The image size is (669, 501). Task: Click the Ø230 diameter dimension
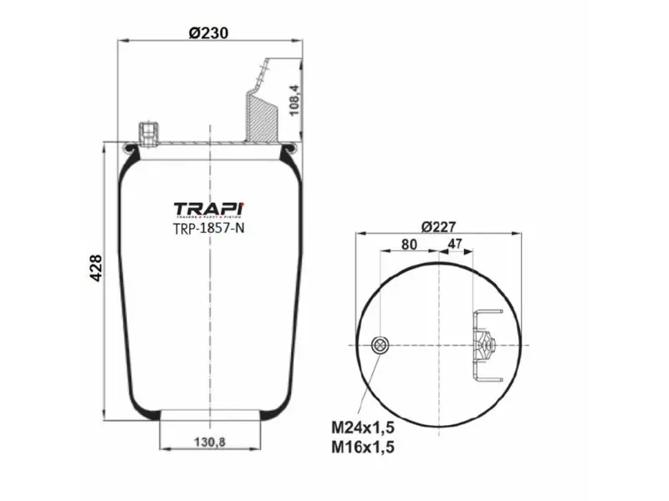(x=209, y=33)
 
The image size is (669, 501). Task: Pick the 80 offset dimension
(x=408, y=245)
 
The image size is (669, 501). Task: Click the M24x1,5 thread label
(x=362, y=427)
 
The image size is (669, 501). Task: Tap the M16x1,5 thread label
(x=362, y=448)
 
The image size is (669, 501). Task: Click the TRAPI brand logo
(x=209, y=208)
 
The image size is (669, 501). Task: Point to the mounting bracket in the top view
(x=483, y=344)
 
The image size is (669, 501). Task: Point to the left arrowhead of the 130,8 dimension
(x=162, y=450)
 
